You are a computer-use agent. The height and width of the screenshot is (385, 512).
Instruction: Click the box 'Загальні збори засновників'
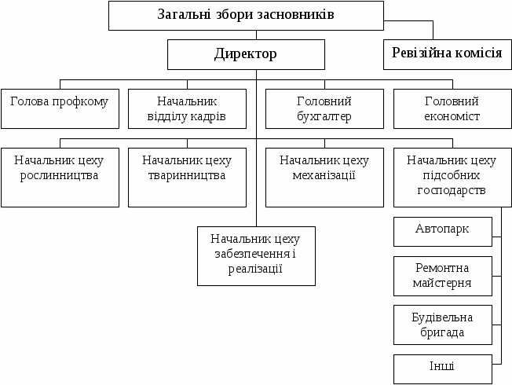pos(246,16)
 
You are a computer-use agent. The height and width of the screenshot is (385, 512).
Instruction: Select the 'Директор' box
pos(246,54)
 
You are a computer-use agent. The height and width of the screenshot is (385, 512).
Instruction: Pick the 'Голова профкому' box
pos(60,109)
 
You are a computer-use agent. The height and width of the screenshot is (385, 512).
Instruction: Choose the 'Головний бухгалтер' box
pos(324,109)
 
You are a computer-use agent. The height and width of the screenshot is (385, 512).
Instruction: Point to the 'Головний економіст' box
pos(452,109)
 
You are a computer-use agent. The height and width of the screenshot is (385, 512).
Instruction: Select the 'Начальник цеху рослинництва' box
pos(60,177)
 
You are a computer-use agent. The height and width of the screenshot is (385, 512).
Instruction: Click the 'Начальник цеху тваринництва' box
pos(187,177)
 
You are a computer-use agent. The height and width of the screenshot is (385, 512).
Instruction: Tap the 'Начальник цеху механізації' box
pos(324,177)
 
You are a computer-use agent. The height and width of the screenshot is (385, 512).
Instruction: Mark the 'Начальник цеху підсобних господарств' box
pos(452,177)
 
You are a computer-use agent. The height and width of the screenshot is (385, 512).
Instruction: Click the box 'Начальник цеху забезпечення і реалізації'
pos(256,255)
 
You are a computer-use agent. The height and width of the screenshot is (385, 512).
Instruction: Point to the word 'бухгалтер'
pos(324,117)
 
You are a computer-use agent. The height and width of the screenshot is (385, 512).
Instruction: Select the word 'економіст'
pos(452,117)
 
